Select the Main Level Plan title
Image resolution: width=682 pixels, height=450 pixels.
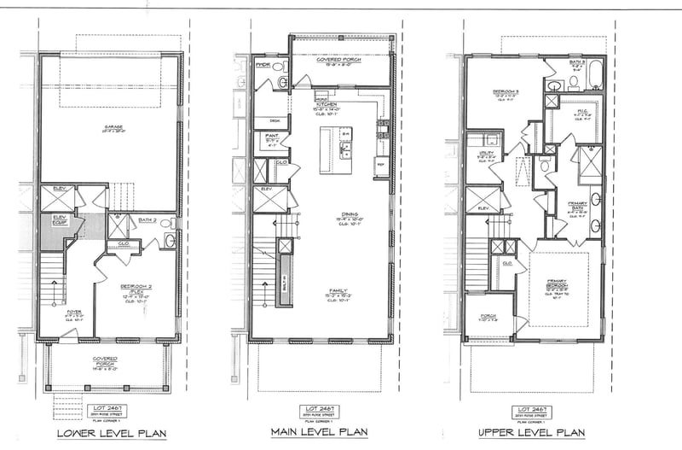click(x=319, y=432)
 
